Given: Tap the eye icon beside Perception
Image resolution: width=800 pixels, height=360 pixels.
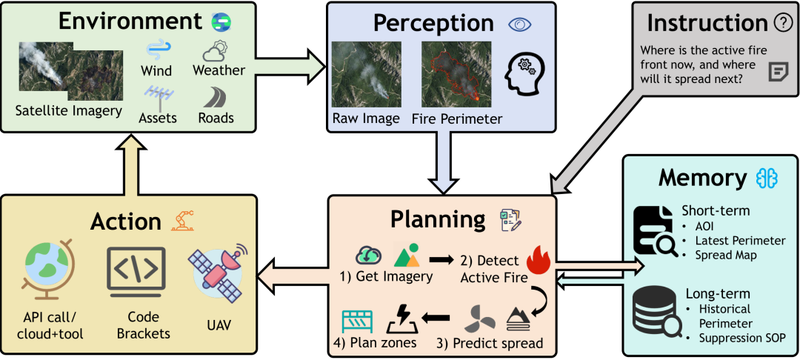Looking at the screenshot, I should (x=519, y=24).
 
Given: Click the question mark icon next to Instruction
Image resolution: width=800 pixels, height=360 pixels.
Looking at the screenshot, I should (x=782, y=23).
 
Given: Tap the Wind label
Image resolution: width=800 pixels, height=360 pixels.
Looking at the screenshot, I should (x=156, y=71).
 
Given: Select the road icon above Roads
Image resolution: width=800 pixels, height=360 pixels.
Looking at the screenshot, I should (x=216, y=96).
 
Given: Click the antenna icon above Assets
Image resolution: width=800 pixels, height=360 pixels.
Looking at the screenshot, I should (x=156, y=96).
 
